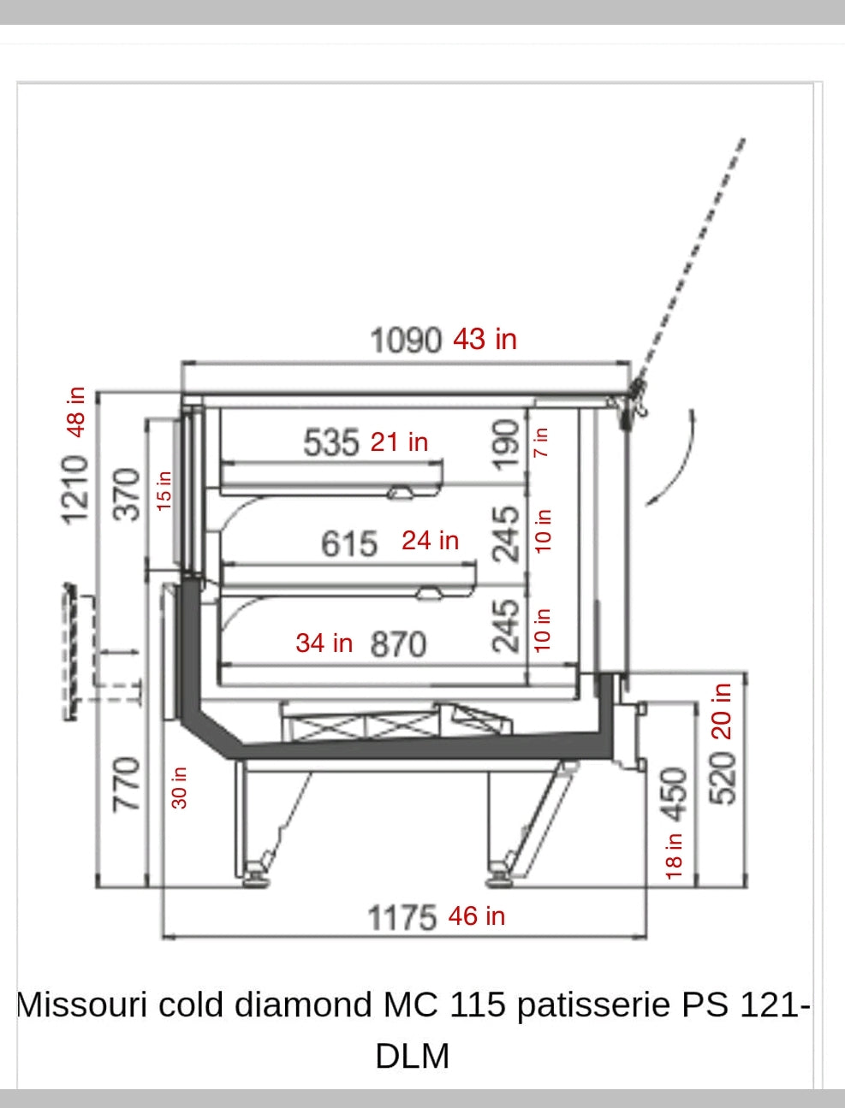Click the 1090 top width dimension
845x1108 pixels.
pyautogui.click(x=406, y=341)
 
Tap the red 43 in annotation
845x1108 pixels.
pyautogui.click(x=485, y=339)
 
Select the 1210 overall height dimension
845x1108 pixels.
pyautogui.click(x=74, y=489)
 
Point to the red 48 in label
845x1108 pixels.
pyautogui.click(x=76, y=412)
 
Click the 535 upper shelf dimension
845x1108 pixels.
pyautogui.click(x=330, y=442)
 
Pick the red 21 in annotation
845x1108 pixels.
pyautogui.click(x=399, y=442)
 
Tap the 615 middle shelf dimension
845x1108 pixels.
pyautogui.click(x=349, y=543)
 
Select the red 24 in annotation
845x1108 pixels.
pyautogui.click(x=431, y=541)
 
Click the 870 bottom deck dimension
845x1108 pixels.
pyautogui.click(x=398, y=644)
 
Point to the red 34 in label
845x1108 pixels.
pyautogui.click(x=324, y=643)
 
